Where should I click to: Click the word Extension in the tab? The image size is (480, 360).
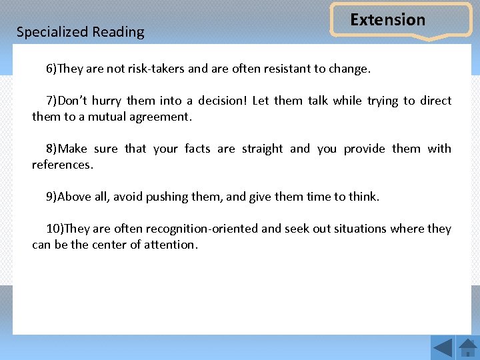click(387, 20)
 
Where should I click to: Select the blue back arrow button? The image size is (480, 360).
click(443, 347)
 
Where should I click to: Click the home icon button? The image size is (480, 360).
click(467, 347)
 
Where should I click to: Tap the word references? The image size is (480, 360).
click(63, 165)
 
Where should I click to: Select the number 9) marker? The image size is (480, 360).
click(51, 197)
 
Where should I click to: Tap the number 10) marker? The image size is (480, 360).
click(55, 229)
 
